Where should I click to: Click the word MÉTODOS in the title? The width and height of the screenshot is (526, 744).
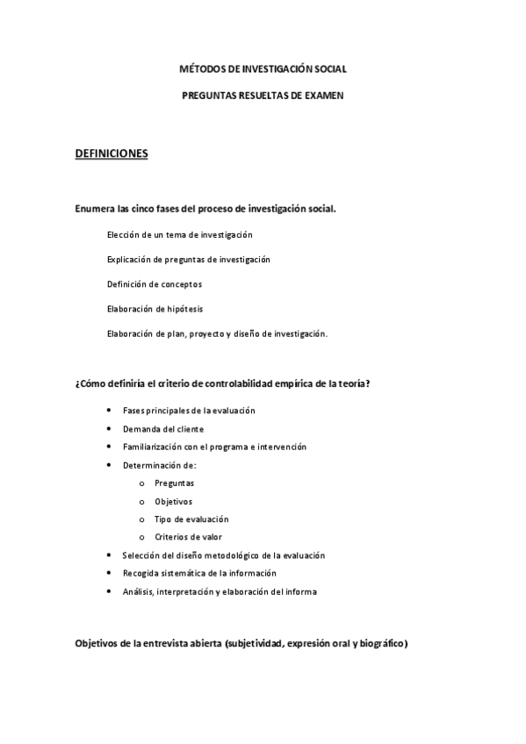click(198, 68)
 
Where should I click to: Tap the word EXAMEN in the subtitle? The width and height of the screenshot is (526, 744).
click(319, 95)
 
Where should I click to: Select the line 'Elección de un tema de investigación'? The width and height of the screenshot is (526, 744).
click(179, 235)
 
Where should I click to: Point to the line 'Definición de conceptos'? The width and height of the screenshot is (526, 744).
click(154, 284)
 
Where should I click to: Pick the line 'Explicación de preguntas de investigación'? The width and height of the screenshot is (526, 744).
click(188, 260)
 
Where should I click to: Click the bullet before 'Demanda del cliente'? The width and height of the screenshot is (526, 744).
click(108, 429)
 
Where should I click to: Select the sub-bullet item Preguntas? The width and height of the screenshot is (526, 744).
click(174, 483)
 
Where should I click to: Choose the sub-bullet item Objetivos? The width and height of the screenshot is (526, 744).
click(174, 501)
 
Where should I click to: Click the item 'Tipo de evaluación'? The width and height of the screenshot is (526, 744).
click(191, 519)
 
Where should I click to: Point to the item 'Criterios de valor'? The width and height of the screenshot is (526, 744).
click(188, 537)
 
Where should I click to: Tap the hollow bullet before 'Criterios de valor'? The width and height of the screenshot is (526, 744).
click(141, 537)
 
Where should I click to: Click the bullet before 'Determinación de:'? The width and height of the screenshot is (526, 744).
click(108, 465)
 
